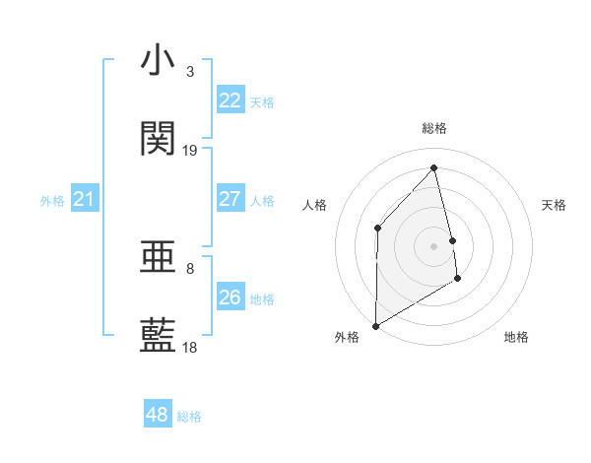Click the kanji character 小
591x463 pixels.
(158, 60)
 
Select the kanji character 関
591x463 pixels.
(158, 139)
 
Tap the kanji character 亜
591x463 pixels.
(158, 258)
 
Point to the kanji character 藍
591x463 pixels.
(158, 336)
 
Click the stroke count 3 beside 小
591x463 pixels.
(190, 72)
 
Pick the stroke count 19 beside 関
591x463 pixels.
(190, 151)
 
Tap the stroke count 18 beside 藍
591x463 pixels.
(190, 348)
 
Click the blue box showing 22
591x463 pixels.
(230, 100)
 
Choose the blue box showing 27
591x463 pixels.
(230, 199)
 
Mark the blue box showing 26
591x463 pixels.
(230, 298)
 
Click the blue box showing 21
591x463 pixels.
(84, 200)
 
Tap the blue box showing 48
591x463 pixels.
(157, 415)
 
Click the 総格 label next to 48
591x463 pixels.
(189, 417)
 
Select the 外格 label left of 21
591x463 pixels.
(52, 201)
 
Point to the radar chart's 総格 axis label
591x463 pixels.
(434, 128)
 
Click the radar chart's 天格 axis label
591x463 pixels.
(554, 205)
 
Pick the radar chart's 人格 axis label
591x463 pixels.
(314, 205)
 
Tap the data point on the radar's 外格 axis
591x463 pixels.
(375, 325)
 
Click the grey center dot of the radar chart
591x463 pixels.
(434, 245)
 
